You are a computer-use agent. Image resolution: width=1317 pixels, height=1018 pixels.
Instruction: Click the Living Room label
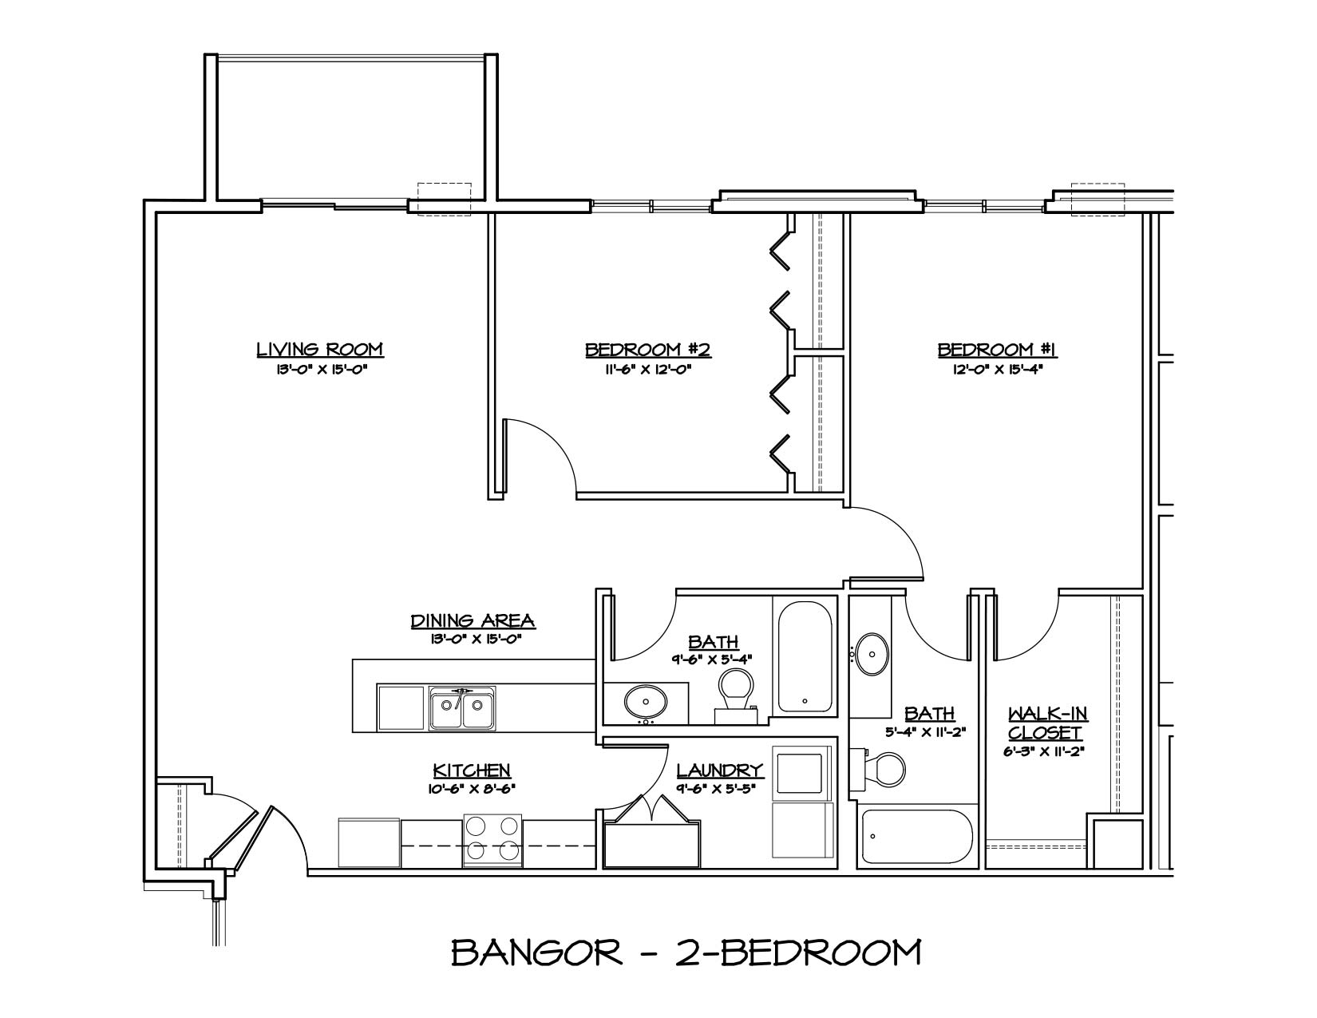[319, 349]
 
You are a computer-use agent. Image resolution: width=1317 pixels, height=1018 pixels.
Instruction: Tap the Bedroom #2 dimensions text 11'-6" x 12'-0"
[647, 370]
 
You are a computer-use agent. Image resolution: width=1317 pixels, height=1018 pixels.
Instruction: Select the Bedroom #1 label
[997, 349]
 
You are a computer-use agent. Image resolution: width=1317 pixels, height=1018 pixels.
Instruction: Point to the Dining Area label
[473, 620]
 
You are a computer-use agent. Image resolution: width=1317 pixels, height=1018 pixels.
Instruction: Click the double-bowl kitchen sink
[461, 707]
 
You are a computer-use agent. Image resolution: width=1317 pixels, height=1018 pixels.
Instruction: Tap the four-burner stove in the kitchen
[492, 840]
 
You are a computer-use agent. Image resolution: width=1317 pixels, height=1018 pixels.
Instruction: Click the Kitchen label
[471, 770]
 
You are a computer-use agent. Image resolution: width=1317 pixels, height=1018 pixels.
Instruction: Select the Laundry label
[720, 770]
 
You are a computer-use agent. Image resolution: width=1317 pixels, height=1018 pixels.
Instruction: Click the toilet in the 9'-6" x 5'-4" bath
[735, 691]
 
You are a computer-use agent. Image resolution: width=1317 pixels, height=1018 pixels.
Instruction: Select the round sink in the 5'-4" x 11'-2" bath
[872, 654]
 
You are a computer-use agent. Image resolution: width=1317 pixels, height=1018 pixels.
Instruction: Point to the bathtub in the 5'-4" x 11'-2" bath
[917, 838]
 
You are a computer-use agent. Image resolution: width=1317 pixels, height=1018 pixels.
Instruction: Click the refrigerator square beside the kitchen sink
[401, 707]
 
